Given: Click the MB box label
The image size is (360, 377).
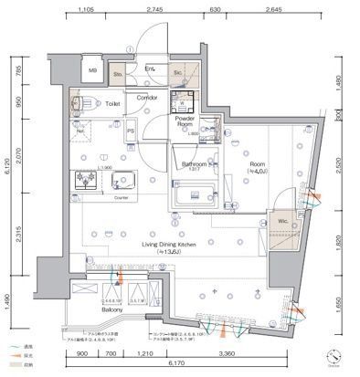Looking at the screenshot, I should point(91,70).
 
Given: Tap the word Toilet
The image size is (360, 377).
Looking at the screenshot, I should point(113,104).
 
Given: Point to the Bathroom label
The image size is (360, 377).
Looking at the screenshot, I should point(186,163).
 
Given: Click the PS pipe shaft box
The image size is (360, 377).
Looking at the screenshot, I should point(131,131).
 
